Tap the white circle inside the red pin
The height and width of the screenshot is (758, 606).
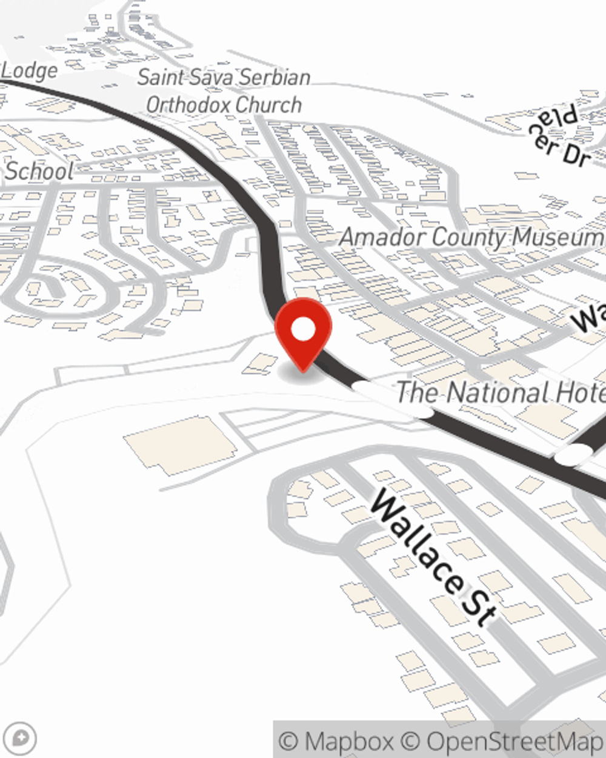(x=303, y=330)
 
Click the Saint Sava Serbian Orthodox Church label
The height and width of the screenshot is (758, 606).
(x=224, y=91)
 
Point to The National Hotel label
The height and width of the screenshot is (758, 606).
(x=501, y=392)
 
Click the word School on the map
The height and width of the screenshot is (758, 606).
(x=40, y=171)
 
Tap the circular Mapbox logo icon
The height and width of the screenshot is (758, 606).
(x=23, y=738)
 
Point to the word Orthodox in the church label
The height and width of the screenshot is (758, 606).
(x=188, y=105)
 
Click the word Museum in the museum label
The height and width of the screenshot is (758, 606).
(x=558, y=237)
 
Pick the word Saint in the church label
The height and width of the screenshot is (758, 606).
(x=160, y=78)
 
